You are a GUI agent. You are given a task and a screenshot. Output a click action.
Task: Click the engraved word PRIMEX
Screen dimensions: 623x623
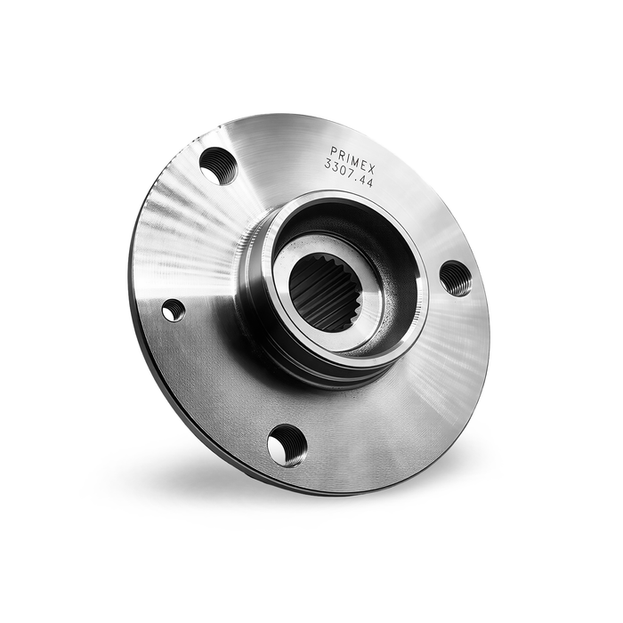click(x=352, y=159)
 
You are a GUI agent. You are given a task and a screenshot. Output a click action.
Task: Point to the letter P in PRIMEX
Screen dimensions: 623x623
click(x=334, y=150)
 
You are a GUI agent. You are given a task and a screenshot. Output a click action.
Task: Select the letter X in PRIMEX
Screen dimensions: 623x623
click(x=371, y=170)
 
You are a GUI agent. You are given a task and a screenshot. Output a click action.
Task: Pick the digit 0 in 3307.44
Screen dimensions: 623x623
click(x=341, y=171)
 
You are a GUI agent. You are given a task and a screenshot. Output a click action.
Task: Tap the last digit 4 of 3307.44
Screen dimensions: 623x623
click(x=368, y=183)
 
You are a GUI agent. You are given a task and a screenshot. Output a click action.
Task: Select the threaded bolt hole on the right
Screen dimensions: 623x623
click(x=456, y=278)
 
